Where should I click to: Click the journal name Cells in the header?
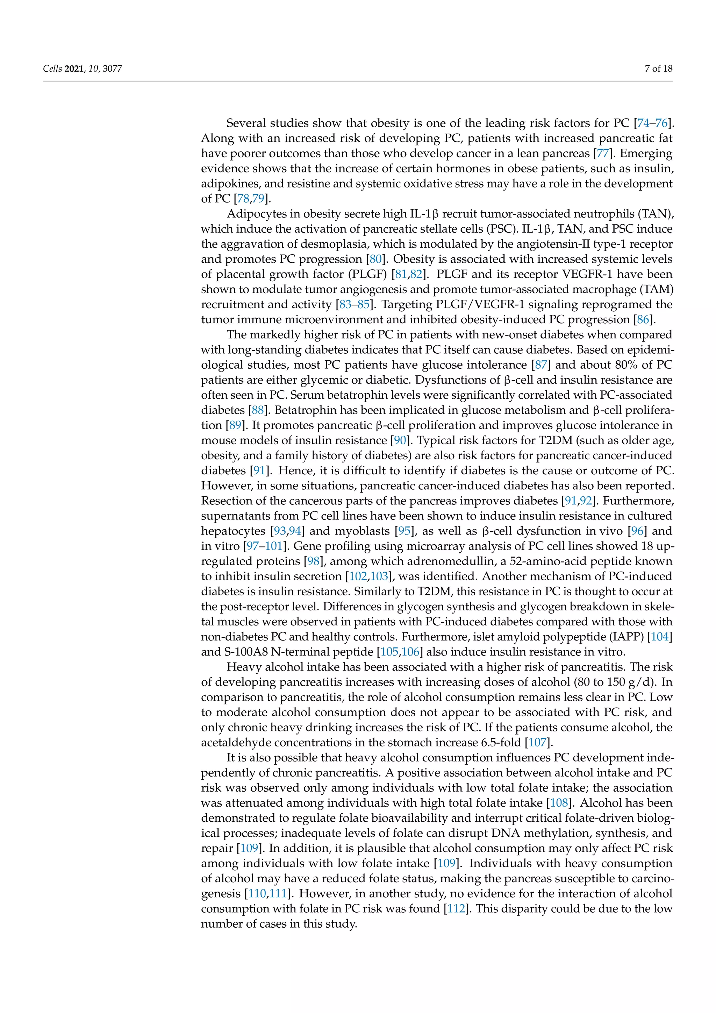point(52,69)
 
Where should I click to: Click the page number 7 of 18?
point(658,69)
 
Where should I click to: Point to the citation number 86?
point(643,319)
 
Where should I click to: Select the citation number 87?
point(540,365)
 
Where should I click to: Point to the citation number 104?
point(660,637)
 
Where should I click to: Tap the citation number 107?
point(537,743)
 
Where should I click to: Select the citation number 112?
point(456,908)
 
